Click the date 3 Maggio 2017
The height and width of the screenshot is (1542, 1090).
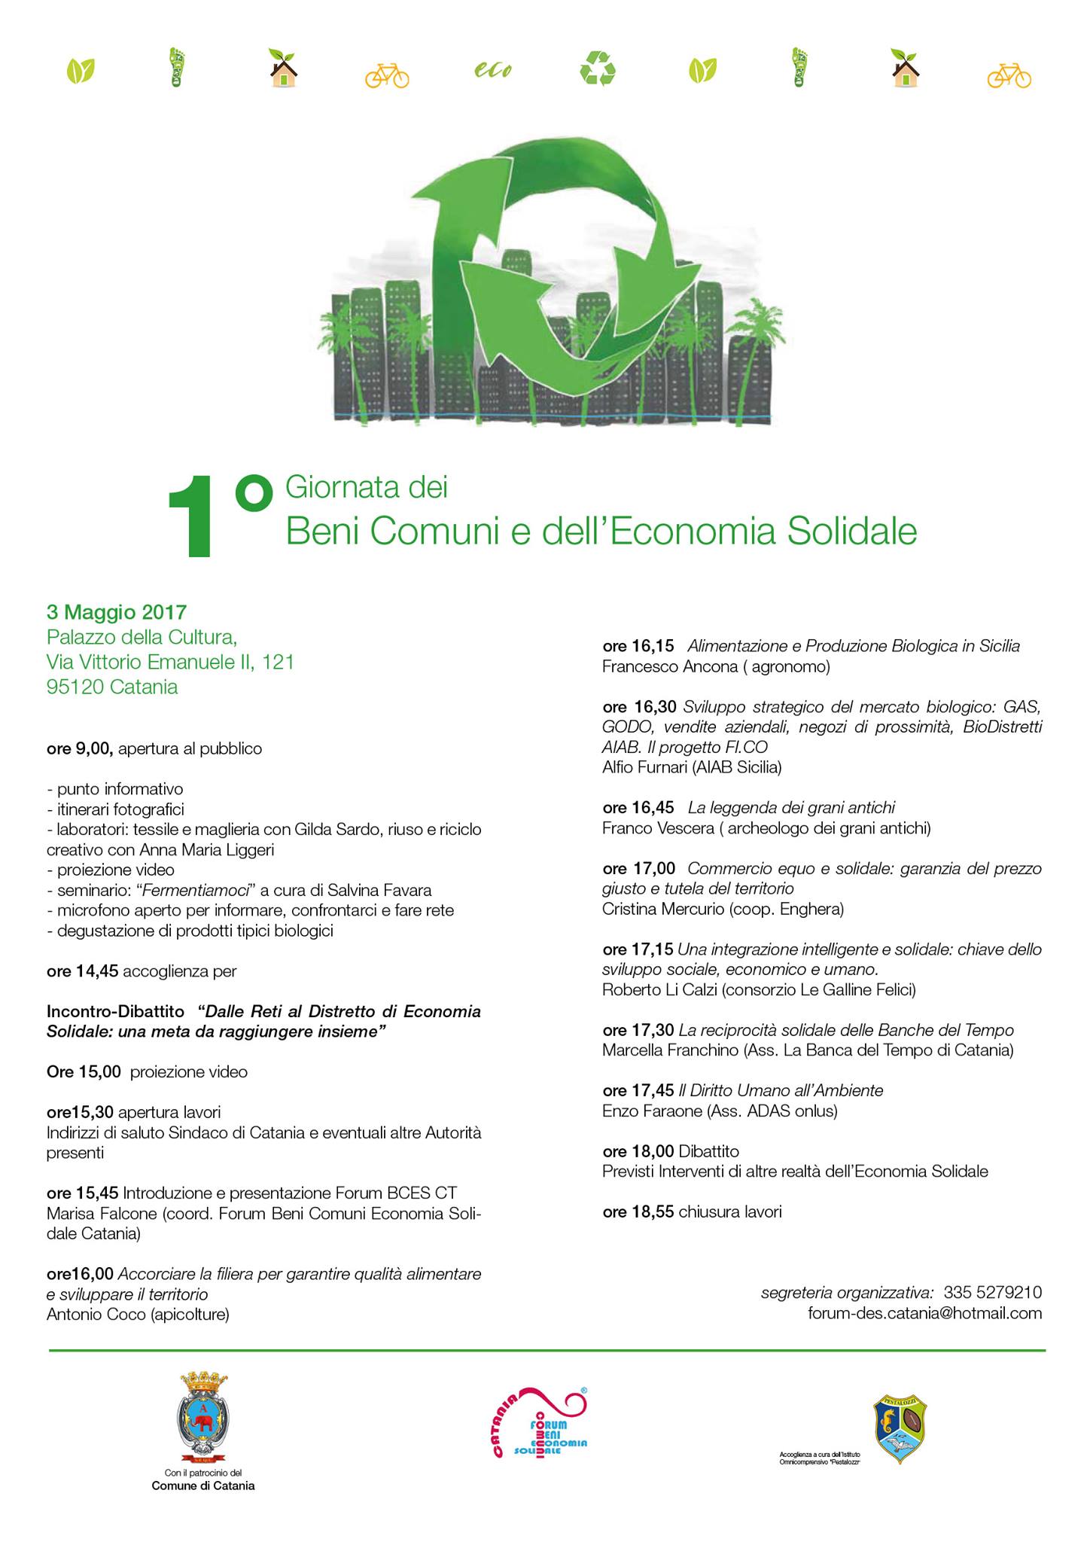117,611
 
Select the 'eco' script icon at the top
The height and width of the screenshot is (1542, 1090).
493,70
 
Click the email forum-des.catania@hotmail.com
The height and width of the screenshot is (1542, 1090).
924,1313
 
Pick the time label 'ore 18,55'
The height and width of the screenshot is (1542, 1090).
638,1212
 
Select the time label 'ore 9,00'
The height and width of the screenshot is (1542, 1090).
79,749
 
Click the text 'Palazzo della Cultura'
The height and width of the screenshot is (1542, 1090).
142,637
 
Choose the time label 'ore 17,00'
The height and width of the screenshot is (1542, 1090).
639,868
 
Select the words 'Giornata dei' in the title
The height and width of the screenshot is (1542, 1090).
367,488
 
